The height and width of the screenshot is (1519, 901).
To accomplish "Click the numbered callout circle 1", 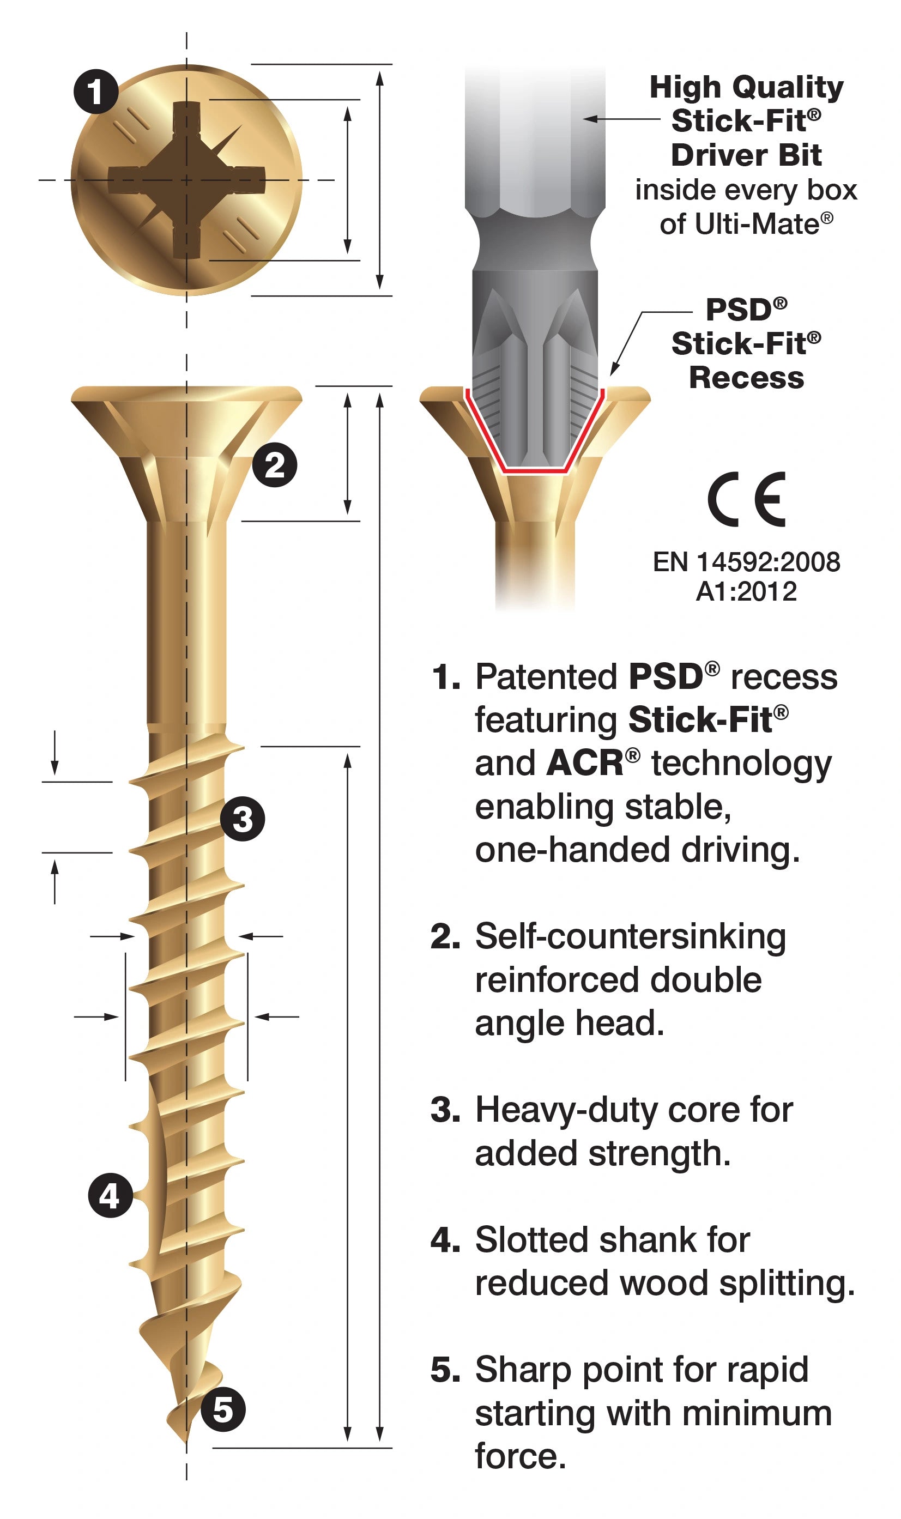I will point(95,92).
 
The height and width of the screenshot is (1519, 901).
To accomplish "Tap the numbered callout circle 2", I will point(274,465).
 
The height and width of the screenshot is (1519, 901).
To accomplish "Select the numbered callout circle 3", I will point(242,819).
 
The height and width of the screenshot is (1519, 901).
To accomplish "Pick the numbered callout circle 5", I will point(223,1409).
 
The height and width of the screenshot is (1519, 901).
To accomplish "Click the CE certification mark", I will point(747,499).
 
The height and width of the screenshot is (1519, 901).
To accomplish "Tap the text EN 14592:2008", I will point(746,562).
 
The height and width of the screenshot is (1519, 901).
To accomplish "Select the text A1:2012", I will point(746,591).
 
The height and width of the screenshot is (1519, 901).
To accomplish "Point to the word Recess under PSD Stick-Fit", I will point(746,378).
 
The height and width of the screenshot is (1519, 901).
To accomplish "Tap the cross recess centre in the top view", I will point(186,180).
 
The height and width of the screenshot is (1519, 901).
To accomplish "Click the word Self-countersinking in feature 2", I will point(630,937).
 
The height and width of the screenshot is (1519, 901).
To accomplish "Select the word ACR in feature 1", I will point(585,763).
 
